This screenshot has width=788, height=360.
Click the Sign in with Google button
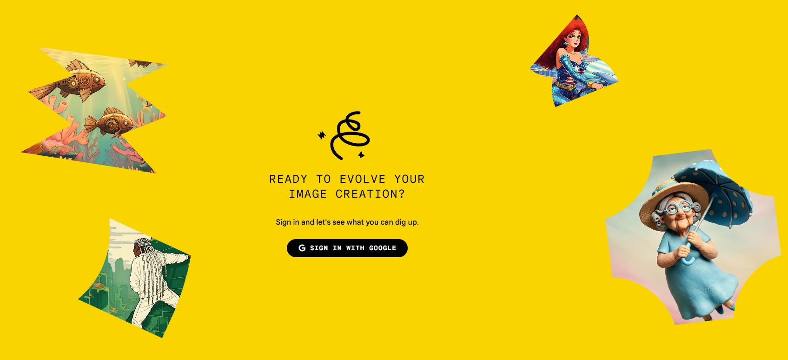coord(347,248)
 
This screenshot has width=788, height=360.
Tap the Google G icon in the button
coord(302,248)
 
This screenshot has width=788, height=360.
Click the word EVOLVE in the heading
coord(362,179)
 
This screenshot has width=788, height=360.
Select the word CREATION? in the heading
coord(370,194)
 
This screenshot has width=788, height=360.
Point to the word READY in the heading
coord(288,179)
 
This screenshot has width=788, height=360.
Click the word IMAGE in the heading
coord(308,194)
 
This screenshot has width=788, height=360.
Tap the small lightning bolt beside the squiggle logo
coord(322,135)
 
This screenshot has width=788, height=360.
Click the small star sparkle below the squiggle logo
coord(361,154)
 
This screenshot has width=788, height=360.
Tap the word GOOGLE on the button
coord(383,248)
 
